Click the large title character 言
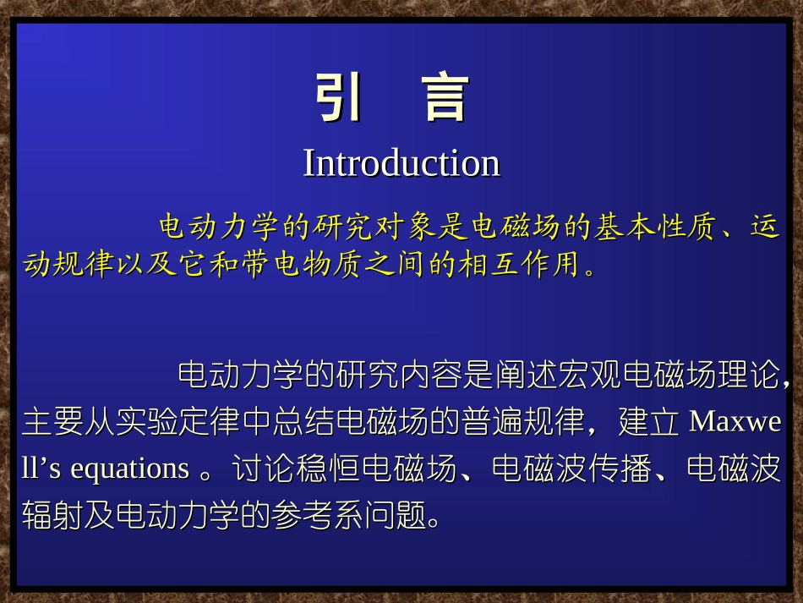point(445,98)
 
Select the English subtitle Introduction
point(401,162)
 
